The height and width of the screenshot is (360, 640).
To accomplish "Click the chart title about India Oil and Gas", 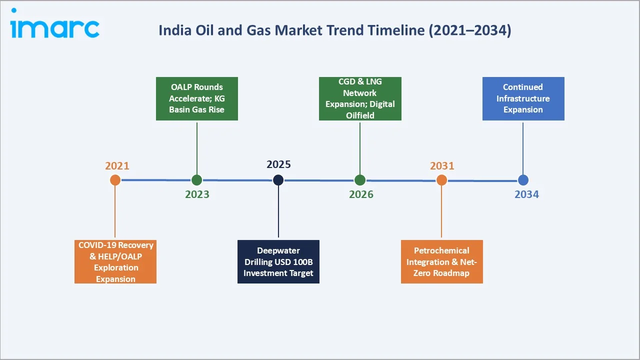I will tap(334, 30).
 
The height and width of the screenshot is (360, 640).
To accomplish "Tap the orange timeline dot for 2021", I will tap(115, 180).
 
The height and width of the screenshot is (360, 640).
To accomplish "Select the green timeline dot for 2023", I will tap(197, 180).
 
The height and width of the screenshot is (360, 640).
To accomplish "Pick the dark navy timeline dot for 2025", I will tap(278, 180).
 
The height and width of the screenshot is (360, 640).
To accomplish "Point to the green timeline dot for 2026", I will tap(360, 180).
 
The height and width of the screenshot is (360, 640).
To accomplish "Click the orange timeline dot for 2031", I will tap(441, 180).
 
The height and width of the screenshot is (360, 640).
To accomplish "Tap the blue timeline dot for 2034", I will tap(523, 180).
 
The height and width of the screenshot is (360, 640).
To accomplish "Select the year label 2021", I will tap(117, 166).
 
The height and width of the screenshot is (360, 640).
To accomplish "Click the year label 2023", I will tap(197, 194).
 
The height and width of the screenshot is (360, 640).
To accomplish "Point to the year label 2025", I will tap(278, 164).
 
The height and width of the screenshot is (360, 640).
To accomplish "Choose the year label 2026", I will tap(361, 194).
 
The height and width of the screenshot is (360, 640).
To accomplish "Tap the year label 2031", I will tap(442, 166).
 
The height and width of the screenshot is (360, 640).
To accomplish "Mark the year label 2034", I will tap(526, 194).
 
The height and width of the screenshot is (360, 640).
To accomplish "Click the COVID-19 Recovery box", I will tap(115, 261).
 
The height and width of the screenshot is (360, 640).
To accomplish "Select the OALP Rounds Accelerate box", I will tap(197, 98).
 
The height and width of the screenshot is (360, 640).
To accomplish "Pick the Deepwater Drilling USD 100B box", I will tap(278, 261).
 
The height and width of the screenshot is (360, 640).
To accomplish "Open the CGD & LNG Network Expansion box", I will tap(360, 98).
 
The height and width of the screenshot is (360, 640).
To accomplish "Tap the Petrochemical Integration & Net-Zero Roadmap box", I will tap(441, 261).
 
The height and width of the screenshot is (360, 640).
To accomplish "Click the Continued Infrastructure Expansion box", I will tap(523, 98).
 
